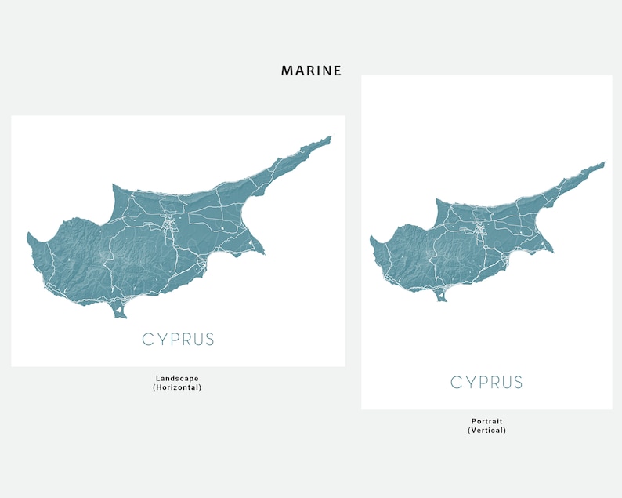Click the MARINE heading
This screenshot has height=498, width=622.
tap(311, 71)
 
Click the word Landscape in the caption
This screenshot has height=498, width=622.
tap(178, 378)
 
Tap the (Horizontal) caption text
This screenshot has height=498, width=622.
tap(178, 387)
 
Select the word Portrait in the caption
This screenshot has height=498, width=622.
tap(486, 421)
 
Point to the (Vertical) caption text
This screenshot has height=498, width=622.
tap(486, 431)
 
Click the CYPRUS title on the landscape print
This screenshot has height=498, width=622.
tap(178, 340)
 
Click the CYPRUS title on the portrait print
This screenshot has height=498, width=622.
tap(486, 383)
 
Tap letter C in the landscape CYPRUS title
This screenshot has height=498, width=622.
tap(147, 340)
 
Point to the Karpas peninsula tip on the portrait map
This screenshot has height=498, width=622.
tap(602, 163)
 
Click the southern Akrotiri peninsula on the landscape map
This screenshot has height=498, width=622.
tap(120, 313)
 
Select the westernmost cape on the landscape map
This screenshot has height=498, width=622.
tap(30, 235)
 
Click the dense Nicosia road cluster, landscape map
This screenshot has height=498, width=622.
tap(169, 227)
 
